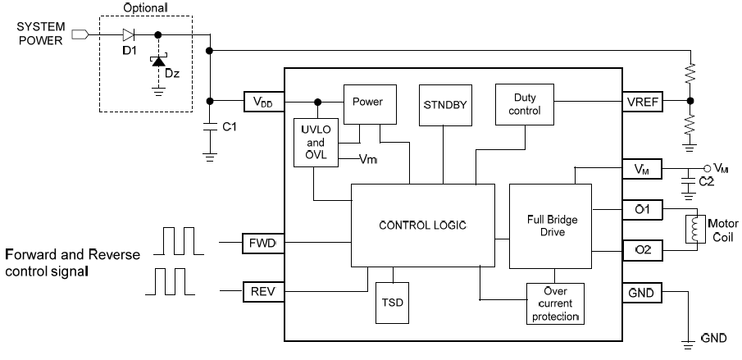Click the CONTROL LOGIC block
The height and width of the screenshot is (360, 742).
422,225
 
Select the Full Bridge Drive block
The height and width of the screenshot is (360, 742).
554,226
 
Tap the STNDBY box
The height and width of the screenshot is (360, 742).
444,104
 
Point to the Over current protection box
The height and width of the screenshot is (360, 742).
554,304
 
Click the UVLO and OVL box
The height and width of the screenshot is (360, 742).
316,142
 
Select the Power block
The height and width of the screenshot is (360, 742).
368,103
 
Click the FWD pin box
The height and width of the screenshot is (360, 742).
262,243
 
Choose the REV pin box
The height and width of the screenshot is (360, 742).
262,290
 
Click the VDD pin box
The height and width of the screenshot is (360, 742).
262,102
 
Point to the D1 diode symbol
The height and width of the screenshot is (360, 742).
129,35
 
